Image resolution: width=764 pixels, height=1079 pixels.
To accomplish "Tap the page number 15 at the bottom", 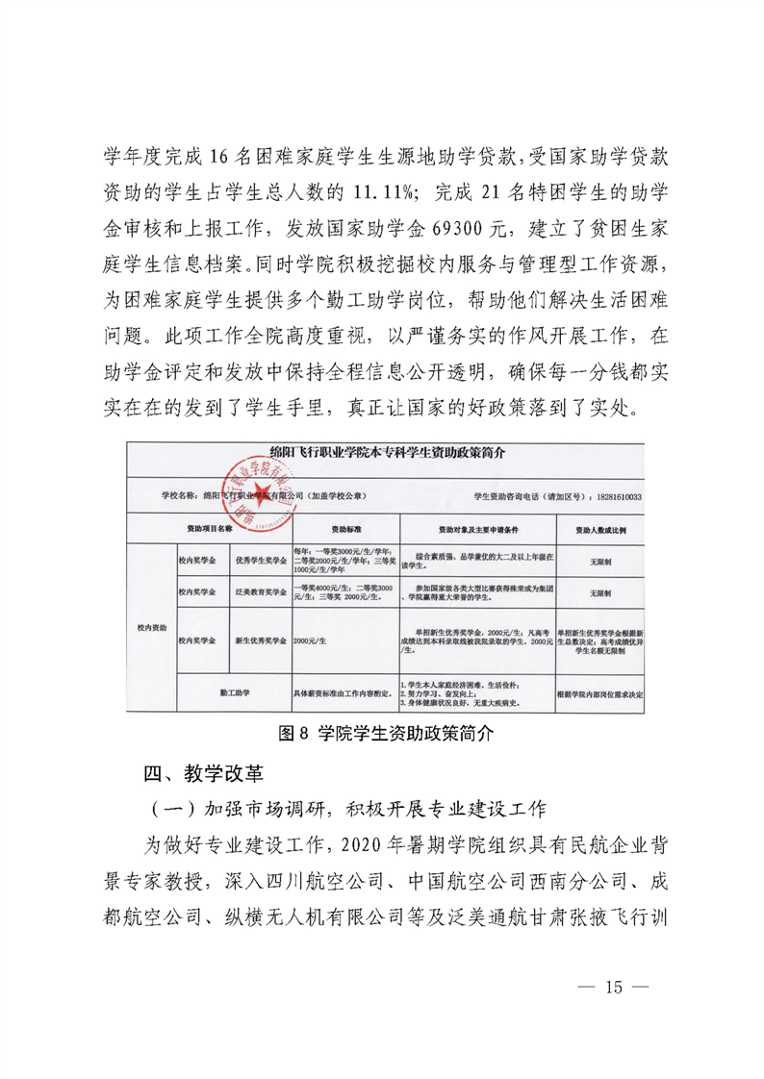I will pos(614,987).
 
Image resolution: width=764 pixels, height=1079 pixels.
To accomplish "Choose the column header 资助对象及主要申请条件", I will pos(478,529).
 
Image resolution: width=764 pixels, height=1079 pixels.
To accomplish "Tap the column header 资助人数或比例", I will pos(600,529).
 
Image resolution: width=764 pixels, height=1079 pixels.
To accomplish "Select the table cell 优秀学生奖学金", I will pos(260,560).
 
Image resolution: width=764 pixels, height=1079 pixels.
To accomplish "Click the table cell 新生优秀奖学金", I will pos(260,640).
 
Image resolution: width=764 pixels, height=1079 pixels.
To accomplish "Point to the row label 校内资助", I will pos(152,627).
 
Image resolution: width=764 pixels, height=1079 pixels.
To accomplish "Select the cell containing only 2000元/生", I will pos(310,640).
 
